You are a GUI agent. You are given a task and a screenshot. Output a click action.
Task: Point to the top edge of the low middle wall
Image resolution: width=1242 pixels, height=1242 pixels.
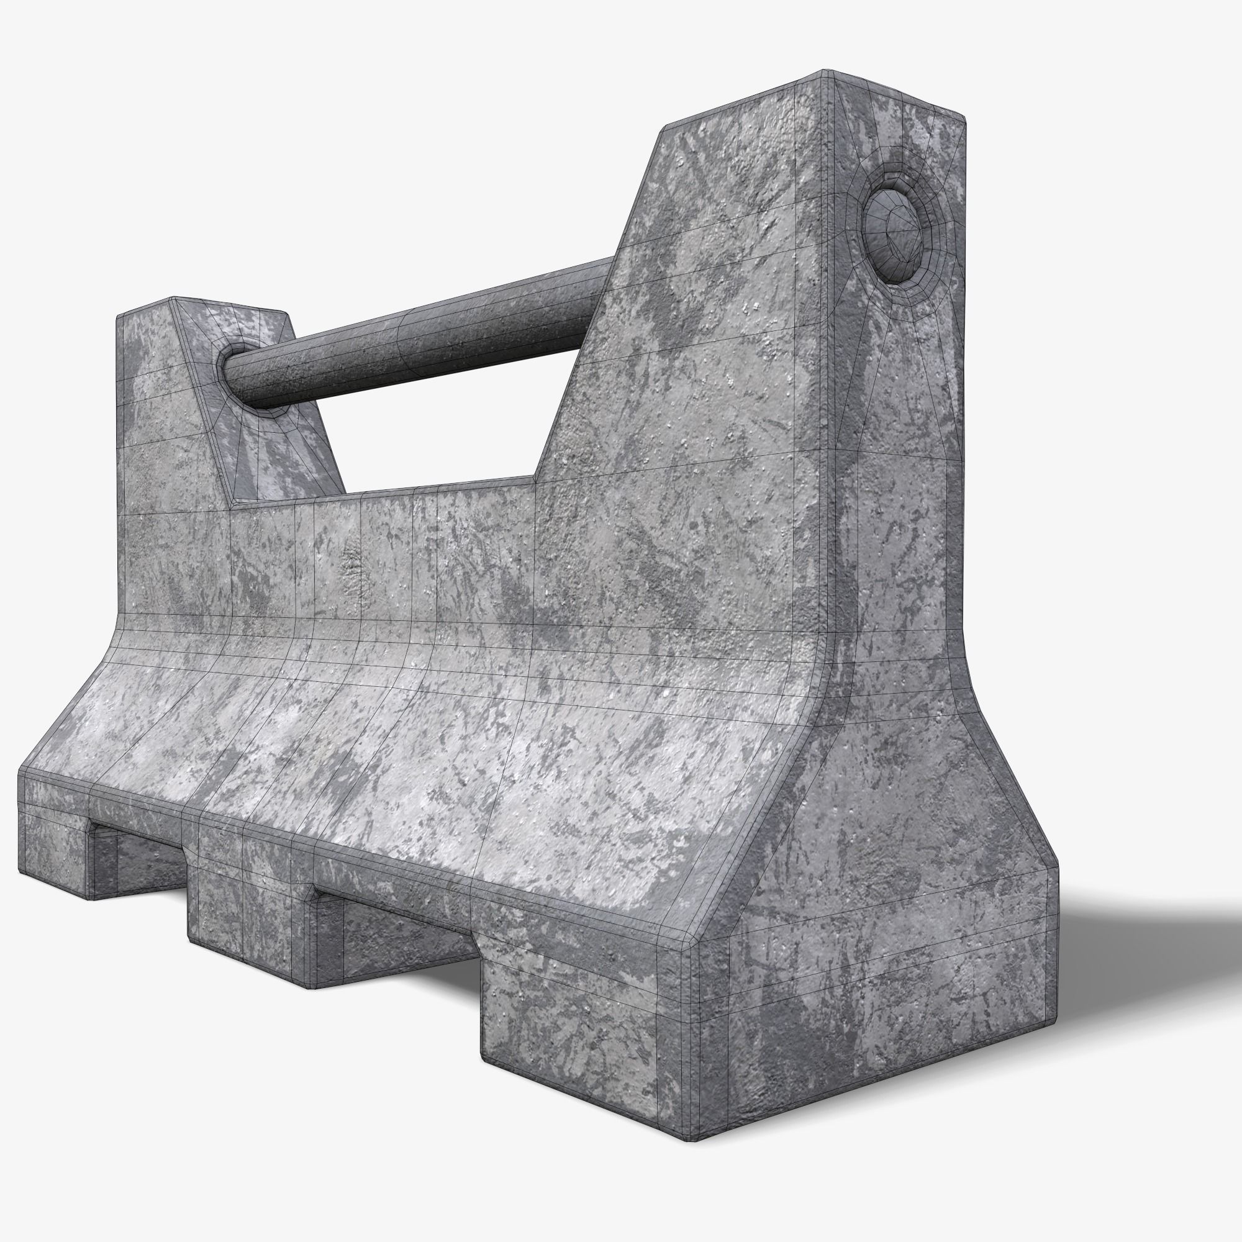[386, 492]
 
